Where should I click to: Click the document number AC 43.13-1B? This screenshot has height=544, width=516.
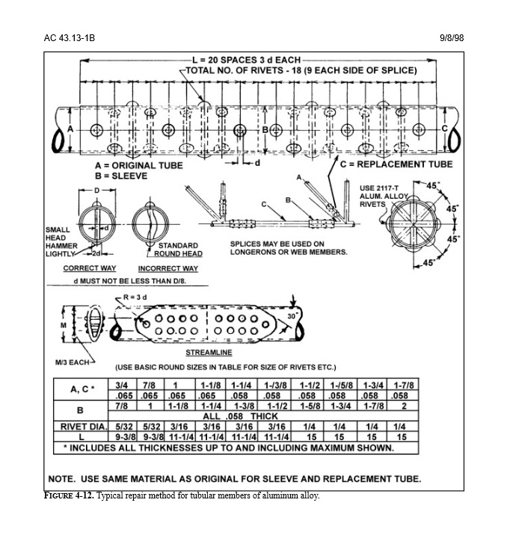pyautogui.click(x=69, y=38)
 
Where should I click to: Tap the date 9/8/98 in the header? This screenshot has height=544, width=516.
pyautogui.click(x=452, y=38)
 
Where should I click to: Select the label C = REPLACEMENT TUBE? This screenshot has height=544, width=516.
pyautogui.click(x=396, y=164)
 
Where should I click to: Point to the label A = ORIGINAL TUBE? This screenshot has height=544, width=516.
pyautogui.click(x=139, y=165)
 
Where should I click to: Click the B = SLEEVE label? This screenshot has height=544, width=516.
pyautogui.click(x=121, y=176)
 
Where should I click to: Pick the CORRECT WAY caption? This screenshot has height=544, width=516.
pyautogui.click(x=90, y=268)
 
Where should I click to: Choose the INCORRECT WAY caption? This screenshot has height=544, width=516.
pyautogui.click(x=168, y=268)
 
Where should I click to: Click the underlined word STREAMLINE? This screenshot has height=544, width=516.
pyautogui.click(x=209, y=353)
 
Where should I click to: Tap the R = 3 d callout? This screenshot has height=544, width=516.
pyautogui.click(x=135, y=297)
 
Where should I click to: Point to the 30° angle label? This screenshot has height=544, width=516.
pyautogui.click(x=293, y=316)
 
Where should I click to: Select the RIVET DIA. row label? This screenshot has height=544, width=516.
pyautogui.click(x=83, y=427)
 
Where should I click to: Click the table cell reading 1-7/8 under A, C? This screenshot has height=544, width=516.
pyautogui.click(x=404, y=385)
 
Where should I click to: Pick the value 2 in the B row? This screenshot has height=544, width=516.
pyautogui.click(x=404, y=406)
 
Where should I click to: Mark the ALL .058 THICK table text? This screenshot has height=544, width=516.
pyautogui.click(x=240, y=416)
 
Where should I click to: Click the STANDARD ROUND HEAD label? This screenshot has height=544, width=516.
pyautogui.click(x=178, y=250)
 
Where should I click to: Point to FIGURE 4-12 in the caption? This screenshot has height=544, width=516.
pyautogui.click(x=69, y=495)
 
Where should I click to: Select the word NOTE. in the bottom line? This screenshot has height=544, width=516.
pyautogui.click(x=62, y=479)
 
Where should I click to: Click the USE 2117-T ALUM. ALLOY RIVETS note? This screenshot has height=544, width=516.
pyautogui.click(x=384, y=197)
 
